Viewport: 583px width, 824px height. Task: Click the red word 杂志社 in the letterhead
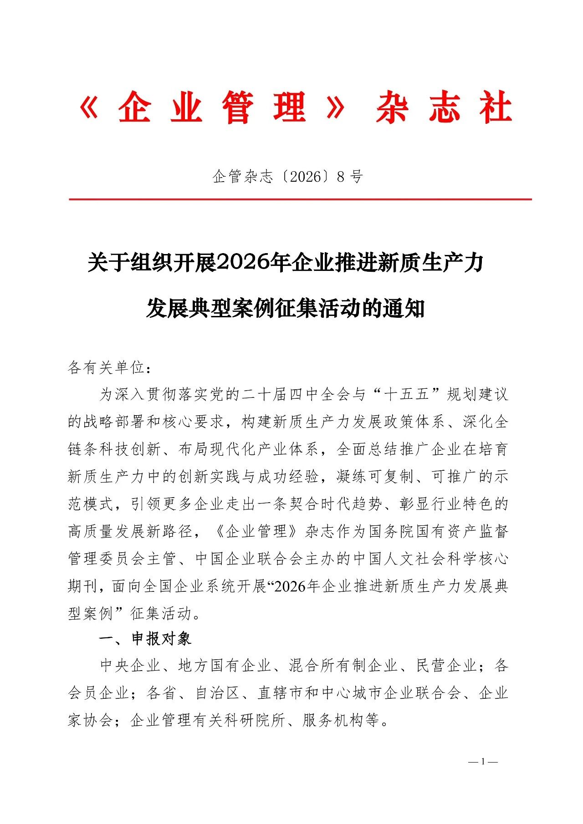[x=444, y=108]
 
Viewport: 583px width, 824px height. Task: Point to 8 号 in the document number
[x=350, y=177]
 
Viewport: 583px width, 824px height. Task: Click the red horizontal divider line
[x=301, y=199]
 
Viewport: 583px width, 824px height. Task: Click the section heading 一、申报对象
[x=145, y=639]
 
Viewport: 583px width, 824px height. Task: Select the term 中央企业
[x=130, y=666]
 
